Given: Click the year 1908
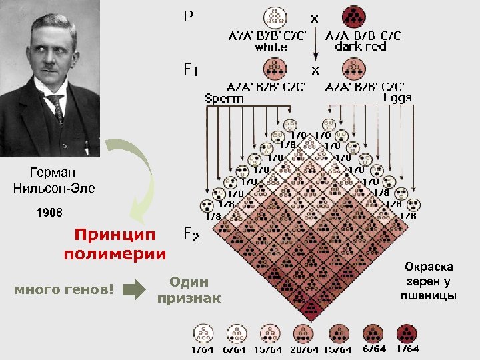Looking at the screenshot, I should point(49,213).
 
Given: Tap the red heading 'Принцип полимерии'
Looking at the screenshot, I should point(115,245).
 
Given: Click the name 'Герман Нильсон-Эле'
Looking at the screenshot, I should point(54,181).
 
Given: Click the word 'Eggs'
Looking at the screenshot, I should point(397,97).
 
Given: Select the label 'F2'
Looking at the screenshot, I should point(190,234).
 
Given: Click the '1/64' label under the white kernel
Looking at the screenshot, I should point(203,349).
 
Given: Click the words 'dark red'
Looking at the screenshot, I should point(361,47).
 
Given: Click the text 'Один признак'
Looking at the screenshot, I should point(189,290).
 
